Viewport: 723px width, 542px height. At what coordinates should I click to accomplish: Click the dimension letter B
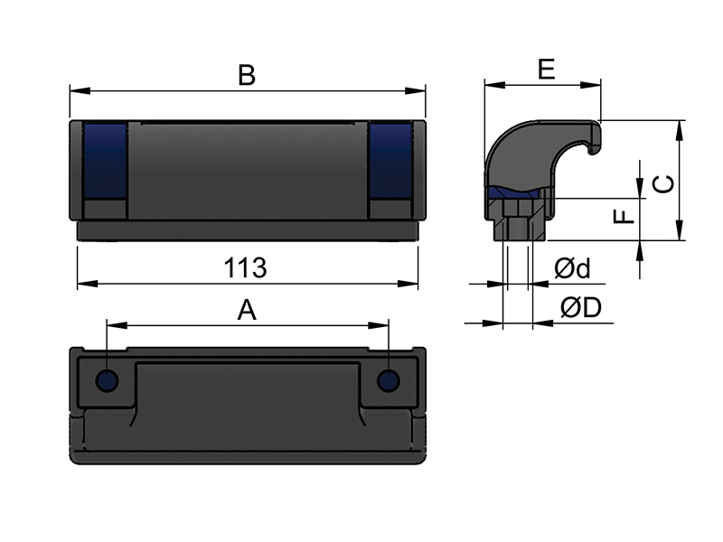[247, 75]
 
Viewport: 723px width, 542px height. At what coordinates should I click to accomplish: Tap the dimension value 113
[245, 267]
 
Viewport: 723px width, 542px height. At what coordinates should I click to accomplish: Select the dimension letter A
[247, 310]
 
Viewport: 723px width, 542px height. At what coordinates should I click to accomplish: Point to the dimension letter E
[547, 70]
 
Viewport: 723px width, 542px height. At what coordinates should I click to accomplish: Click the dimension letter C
[664, 184]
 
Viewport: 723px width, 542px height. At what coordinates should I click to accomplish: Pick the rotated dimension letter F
[624, 216]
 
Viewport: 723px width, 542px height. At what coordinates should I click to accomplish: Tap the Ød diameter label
[572, 268]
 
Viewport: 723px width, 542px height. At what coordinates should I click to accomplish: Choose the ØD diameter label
[581, 307]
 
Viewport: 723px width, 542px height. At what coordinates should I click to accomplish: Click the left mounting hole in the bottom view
[107, 380]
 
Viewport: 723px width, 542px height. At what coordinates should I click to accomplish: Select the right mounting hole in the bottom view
[389, 380]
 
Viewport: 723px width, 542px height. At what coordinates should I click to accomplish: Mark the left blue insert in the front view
[105, 161]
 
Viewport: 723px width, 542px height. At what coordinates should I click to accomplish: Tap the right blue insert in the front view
[390, 161]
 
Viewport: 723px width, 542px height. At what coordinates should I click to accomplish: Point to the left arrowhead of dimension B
[80, 91]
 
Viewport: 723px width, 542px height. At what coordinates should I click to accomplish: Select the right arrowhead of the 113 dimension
[408, 284]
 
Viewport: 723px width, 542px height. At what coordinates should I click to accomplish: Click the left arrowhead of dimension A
[117, 325]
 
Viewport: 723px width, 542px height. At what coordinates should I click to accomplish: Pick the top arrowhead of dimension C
[680, 130]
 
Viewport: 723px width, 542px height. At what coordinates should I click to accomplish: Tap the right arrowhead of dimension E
[591, 85]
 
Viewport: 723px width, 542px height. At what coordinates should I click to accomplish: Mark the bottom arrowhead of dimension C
[680, 230]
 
